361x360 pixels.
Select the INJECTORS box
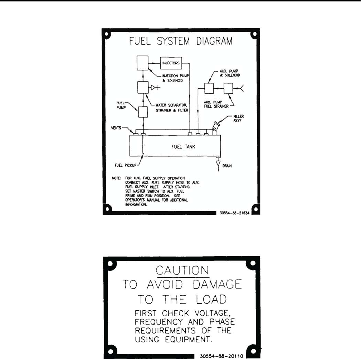(x=171, y=63)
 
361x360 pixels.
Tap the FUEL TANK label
(x=183, y=147)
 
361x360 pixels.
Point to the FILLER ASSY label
(x=238, y=118)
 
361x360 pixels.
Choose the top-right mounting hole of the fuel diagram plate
(x=254, y=35)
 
